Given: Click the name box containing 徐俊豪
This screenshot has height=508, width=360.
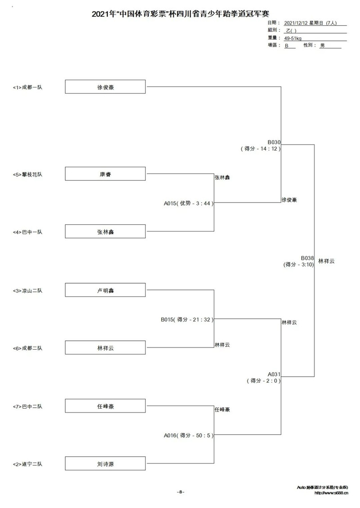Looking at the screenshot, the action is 105,86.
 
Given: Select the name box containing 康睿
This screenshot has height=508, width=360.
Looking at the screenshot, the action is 105,174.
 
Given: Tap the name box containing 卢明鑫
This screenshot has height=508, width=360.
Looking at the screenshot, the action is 105,290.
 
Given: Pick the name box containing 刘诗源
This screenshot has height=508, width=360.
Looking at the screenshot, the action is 105,463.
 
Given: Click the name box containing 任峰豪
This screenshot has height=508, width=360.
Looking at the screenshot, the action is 105,406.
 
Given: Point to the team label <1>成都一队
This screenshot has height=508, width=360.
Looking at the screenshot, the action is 27,87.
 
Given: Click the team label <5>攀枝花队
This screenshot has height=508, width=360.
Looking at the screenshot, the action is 27,174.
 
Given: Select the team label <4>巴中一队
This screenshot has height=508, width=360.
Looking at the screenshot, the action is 27,232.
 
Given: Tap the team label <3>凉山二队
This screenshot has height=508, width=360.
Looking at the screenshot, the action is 27,290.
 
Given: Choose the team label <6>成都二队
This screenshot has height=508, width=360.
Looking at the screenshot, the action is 27,348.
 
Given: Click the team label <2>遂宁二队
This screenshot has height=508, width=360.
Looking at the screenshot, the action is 27,464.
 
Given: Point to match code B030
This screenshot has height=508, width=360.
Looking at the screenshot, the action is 274,142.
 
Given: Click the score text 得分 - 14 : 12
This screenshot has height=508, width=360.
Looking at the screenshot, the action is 261,149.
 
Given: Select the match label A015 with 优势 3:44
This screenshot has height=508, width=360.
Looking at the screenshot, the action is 189,204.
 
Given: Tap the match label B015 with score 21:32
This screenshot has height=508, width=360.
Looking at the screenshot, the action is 187,320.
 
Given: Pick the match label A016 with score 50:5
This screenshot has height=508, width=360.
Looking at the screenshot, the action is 189,436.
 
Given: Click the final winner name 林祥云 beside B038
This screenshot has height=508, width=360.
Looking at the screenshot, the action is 326,261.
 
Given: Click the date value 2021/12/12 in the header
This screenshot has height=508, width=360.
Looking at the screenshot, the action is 296,23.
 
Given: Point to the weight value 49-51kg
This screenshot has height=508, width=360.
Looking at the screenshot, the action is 292,38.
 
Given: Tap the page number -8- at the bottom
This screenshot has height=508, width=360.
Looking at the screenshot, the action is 180,492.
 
